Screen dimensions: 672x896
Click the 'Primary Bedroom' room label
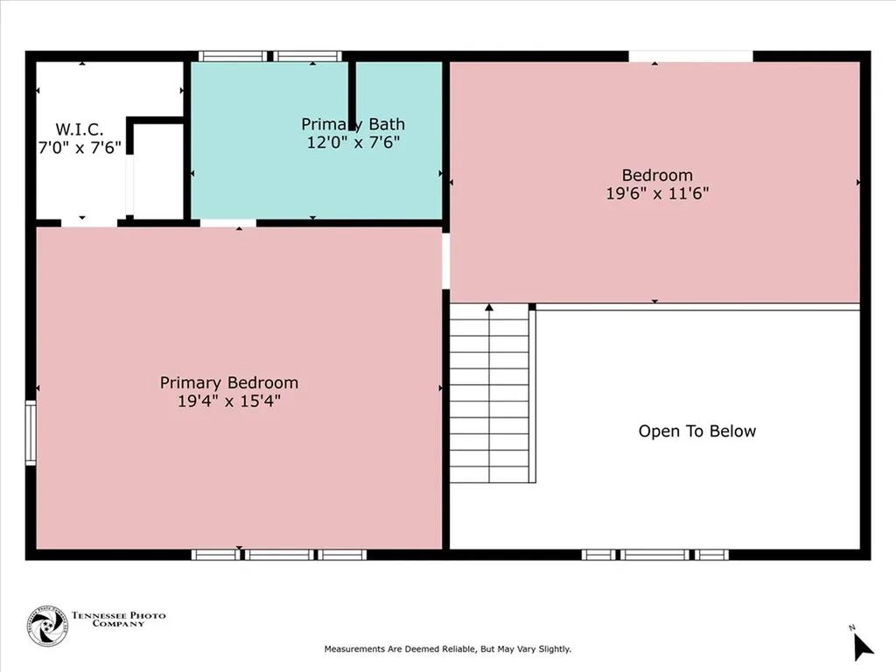(x=229, y=382)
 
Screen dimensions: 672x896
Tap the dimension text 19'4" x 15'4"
(x=229, y=402)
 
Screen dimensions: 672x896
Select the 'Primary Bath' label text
(x=353, y=124)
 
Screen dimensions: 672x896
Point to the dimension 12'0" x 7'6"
(x=353, y=142)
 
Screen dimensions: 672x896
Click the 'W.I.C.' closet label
(x=80, y=129)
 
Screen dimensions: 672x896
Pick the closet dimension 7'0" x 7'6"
(x=80, y=148)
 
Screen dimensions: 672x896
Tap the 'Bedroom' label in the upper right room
(x=657, y=175)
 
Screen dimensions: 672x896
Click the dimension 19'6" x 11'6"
(x=657, y=193)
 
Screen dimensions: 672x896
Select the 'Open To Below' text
(x=697, y=430)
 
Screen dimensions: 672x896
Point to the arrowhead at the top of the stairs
(x=489, y=307)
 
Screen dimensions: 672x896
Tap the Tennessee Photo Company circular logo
(x=47, y=626)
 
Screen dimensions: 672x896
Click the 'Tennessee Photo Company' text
(x=118, y=619)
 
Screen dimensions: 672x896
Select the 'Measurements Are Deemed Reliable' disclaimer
(x=448, y=649)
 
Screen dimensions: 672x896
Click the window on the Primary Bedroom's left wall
(x=31, y=432)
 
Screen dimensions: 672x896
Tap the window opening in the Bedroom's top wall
(x=690, y=56)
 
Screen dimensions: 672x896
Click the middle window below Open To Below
(x=655, y=554)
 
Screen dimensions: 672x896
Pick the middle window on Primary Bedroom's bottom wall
(x=278, y=554)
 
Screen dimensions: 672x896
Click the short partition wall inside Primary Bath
(x=352, y=94)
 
